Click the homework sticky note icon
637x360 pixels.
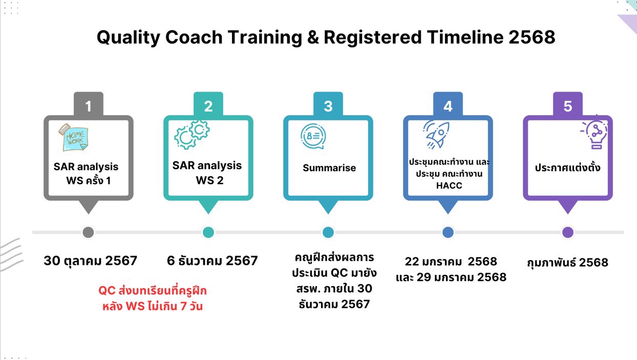tap(74, 138)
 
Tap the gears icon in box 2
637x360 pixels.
tap(192, 135)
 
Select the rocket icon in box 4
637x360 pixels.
tap(436, 135)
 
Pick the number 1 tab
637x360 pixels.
tap(89, 104)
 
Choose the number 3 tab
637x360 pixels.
tap(328, 104)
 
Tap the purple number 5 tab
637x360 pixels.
tap(568, 104)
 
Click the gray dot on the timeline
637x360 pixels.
tap(89, 232)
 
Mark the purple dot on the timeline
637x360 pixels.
tap(568, 232)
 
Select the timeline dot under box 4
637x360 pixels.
tap(448, 232)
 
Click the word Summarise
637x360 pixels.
tap(329, 168)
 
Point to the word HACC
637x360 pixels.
tap(449, 185)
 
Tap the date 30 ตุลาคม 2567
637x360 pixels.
tap(91, 261)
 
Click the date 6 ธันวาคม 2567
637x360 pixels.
tap(212, 261)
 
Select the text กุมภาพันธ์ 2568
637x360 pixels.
tap(567, 263)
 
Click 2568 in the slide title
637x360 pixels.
tap(532, 37)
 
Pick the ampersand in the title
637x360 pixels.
tap(313, 37)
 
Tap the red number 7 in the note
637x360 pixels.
tap(183, 306)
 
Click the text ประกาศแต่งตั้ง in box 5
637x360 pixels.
tap(567, 167)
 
